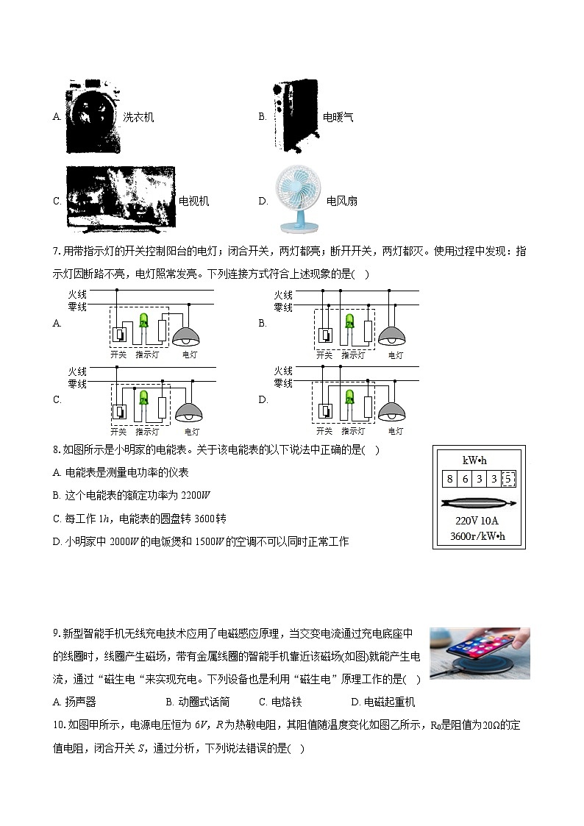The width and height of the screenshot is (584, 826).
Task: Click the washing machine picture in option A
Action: (93, 116)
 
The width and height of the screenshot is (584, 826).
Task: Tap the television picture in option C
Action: (121, 199)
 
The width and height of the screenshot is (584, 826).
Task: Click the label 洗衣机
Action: (138, 117)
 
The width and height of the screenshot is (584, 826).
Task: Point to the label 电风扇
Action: (342, 201)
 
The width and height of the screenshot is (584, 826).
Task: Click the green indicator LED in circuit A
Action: (144, 321)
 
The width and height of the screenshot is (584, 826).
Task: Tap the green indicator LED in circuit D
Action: (349, 398)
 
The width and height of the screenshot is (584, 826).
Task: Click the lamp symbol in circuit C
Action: (188, 412)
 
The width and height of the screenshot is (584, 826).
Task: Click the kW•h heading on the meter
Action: (474, 460)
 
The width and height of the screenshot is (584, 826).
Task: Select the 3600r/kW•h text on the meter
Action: (477, 535)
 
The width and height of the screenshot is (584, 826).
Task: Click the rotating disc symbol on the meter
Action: (478, 503)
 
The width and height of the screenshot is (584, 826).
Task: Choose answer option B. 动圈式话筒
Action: (197, 702)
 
